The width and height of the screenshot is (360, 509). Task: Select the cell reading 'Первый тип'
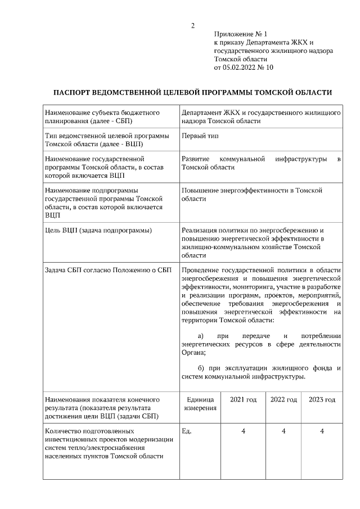200,136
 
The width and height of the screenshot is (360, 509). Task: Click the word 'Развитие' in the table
196,160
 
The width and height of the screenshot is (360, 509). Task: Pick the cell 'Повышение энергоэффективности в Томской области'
251,195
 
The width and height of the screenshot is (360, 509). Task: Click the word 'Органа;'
193,353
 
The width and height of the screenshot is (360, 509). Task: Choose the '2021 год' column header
243,399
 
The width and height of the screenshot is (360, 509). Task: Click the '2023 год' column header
322,399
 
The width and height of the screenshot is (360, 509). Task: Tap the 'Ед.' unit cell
187,431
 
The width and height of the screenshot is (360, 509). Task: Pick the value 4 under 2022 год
283,431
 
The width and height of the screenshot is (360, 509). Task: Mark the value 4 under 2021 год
243,431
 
